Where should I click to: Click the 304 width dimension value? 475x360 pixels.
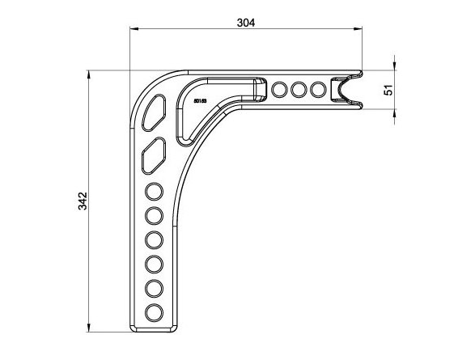click(x=246, y=23)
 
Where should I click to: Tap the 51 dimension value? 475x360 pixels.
click(x=388, y=89)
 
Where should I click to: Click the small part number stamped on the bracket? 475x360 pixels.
click(x=201, y=101)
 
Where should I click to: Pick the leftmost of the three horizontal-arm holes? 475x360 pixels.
click(x=280, y=89)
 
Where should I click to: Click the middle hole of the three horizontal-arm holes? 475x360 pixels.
click(x=299, y=89)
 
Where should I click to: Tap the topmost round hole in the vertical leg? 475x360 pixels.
click(x=153, y=192)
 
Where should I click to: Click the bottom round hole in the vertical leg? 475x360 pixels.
click(x=153, y=313)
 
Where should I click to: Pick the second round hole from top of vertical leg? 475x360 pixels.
click(x=153, y=216)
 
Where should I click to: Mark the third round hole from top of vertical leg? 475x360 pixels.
click(x=153, y=240)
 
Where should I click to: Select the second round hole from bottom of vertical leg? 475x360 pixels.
click(x=153, y=289)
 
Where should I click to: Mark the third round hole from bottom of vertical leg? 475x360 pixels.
click(x=153, y=265)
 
